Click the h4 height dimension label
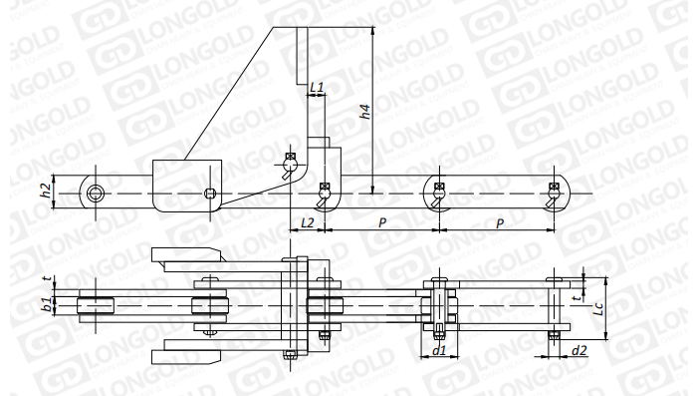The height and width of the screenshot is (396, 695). pos(364,112)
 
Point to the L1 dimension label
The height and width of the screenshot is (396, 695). pos(317,88)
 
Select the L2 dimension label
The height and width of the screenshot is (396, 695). pos(307,222)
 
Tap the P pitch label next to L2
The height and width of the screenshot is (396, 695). pos(382,222)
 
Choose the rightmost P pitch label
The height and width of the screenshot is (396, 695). pos(500,223)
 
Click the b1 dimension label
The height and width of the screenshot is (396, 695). pos(45,305)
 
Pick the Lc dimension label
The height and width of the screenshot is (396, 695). pos(598,308)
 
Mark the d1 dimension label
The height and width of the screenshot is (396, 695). pos(439,351)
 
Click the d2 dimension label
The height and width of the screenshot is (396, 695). pos(579,351)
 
